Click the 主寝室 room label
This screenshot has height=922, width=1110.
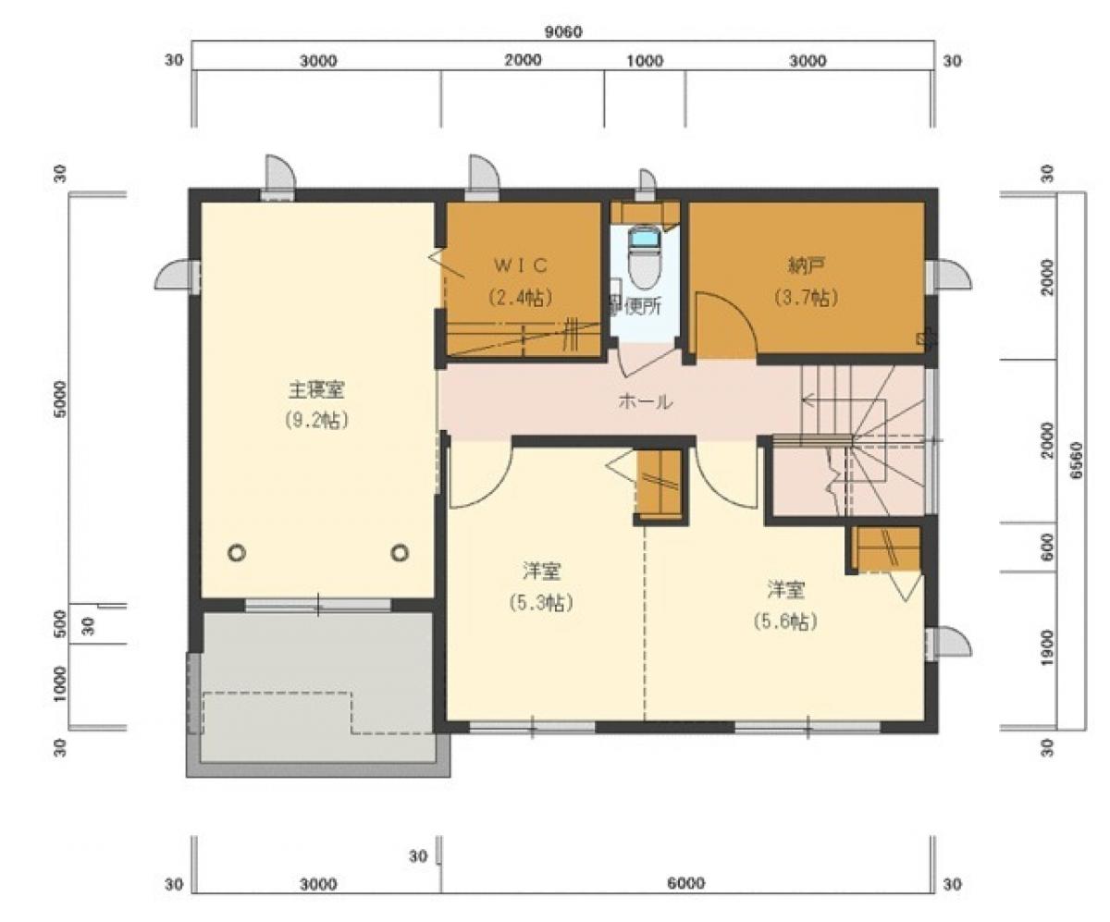316,391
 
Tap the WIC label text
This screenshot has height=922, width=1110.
521,265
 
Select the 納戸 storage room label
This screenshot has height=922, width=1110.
807,266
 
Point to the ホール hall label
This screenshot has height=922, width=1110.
644,402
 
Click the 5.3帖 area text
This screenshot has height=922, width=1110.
539,603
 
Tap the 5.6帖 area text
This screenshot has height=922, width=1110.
786,621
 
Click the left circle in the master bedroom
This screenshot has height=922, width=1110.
237,553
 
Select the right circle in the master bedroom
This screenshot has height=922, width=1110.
400,553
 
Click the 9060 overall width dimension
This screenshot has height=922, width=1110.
562,31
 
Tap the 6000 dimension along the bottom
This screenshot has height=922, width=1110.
685,884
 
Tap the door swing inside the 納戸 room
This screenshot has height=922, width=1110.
725,326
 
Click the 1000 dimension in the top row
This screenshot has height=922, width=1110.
645,61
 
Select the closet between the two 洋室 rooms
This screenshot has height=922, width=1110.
659,484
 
